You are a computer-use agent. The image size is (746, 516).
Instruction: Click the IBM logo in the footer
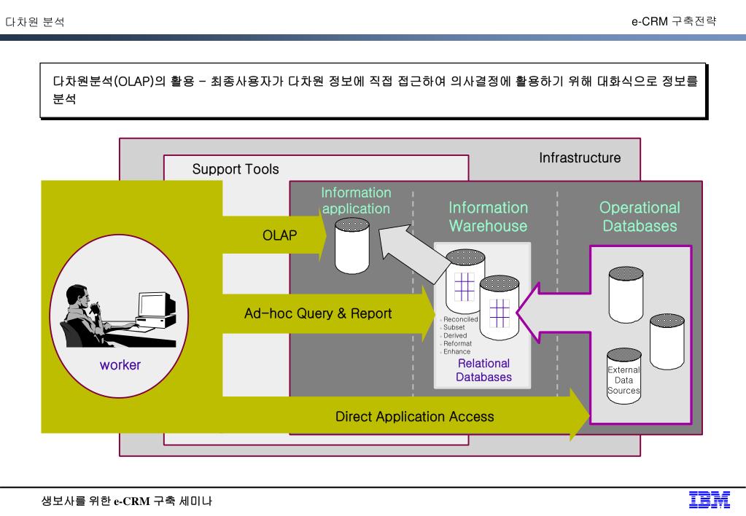pyautogui.click(x=710, y=499)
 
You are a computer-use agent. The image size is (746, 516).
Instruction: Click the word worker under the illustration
pyautogui.click(x=120, y=365)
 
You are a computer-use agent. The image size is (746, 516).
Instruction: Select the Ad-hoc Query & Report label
pyautogui.click(x=318, y=314)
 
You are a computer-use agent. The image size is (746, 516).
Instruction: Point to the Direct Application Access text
pyautogui.click(x=414, y=417)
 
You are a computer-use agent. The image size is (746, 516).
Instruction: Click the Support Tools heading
pyautogui.click(x=236, y=169)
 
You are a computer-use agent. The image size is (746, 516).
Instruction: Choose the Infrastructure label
pyautogui.click(x=580, y=157)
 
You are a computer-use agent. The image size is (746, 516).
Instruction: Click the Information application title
pyautogui.click(x=356, y=200)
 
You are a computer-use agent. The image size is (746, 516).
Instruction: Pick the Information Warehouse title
pyautogui.click(x=488, y=216)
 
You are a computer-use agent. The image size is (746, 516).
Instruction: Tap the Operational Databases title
pyautogui.click(x=640, y=216)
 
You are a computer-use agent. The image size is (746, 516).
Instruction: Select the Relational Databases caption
pyautogui.click(x=483, y=370)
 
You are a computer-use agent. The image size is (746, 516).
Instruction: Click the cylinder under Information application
pyautogui.click(x=352, y=244)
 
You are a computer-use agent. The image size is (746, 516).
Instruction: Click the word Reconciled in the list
pyautogui.click(x=461, y=319)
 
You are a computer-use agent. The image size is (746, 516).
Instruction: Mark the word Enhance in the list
pyautogui.click(x=457, y=351)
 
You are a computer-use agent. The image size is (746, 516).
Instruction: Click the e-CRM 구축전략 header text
pyautogui.click(x=673, y=21)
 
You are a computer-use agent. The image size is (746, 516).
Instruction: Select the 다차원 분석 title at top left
pyautogui.click(x=34, y=22)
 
